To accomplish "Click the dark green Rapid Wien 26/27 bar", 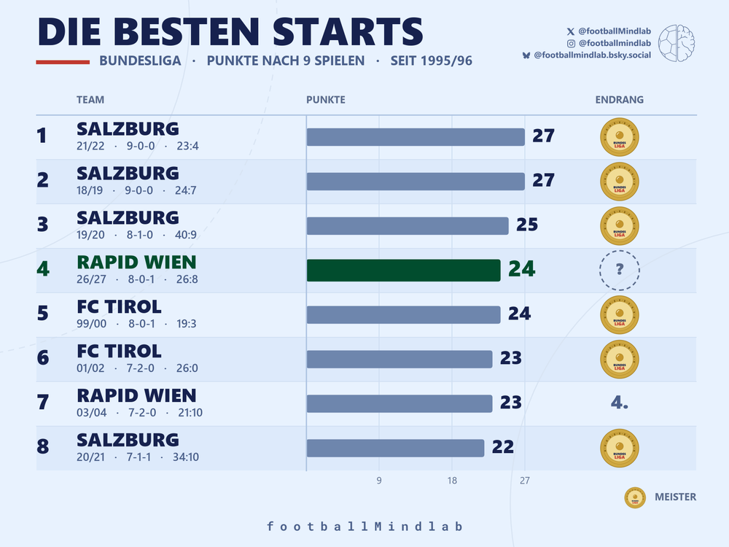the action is (x=404, y=271).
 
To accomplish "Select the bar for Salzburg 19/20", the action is (x=408, y=226).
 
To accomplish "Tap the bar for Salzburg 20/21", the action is (x=396, y=448).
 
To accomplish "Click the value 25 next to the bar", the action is (x=527, y=225).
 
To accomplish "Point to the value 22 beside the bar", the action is (x=502, y=447).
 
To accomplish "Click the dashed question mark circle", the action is (x=619, y=271).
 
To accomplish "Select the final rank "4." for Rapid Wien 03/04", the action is (x=619, y=403).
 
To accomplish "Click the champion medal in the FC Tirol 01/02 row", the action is (x=619, y=359).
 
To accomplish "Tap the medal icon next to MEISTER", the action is (x=635, y=497).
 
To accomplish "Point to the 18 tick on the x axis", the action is (x=452, y=481).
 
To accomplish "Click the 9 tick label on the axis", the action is (x=379, y=481).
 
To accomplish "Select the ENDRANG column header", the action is (x=619, y=99).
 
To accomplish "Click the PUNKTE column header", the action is (x=325, y=99).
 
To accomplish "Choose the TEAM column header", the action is (x=90, y=99).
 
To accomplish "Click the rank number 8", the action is (x=43, y=446).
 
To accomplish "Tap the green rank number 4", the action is (x=43, y=269).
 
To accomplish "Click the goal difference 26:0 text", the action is (x=187, y=368).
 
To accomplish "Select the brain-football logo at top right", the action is (x=677, y=43).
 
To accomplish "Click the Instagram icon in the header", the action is (x=571, y=43).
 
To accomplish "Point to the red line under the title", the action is (x=63, y=62).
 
